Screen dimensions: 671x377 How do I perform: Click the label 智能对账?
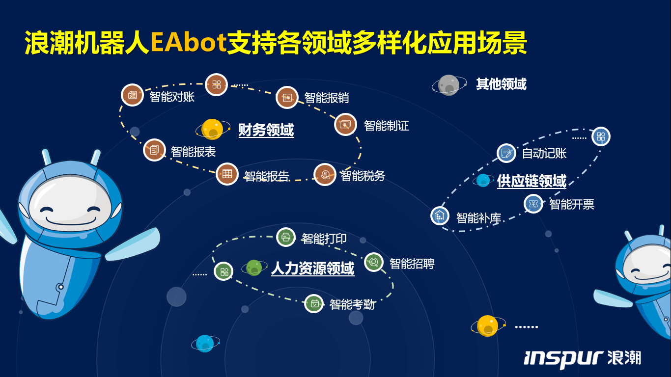[x=172, y=97]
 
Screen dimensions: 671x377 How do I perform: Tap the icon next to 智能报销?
[x=287, y=98]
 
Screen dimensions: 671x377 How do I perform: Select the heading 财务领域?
[x=266, y=130]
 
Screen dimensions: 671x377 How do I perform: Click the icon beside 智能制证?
[x=345, y=124]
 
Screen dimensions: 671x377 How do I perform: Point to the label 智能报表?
[x=193, y=152]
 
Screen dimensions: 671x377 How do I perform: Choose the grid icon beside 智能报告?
[x=227, y=174]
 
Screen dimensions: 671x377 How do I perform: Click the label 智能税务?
[x=363, y=175]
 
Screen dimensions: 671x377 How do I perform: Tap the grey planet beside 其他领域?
[x=449, y=85]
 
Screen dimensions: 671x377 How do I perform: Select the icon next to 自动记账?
[x=506, y=153]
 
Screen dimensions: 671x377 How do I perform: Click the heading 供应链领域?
[x=531, y=181]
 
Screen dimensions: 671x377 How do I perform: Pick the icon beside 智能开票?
[x=533, y=204]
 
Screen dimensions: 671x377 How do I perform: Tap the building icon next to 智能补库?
[x=440, y=215]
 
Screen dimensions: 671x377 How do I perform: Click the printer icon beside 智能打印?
[x=286, y=237]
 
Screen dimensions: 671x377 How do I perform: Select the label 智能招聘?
[x=412, y=264]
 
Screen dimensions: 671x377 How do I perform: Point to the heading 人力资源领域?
[x=313, y=268]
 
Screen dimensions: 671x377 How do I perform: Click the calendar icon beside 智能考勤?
[x=314, y=304]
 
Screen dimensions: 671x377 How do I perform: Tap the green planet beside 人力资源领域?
[x=254, y=268]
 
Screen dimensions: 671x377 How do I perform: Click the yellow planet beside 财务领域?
[x=212, y=130]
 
